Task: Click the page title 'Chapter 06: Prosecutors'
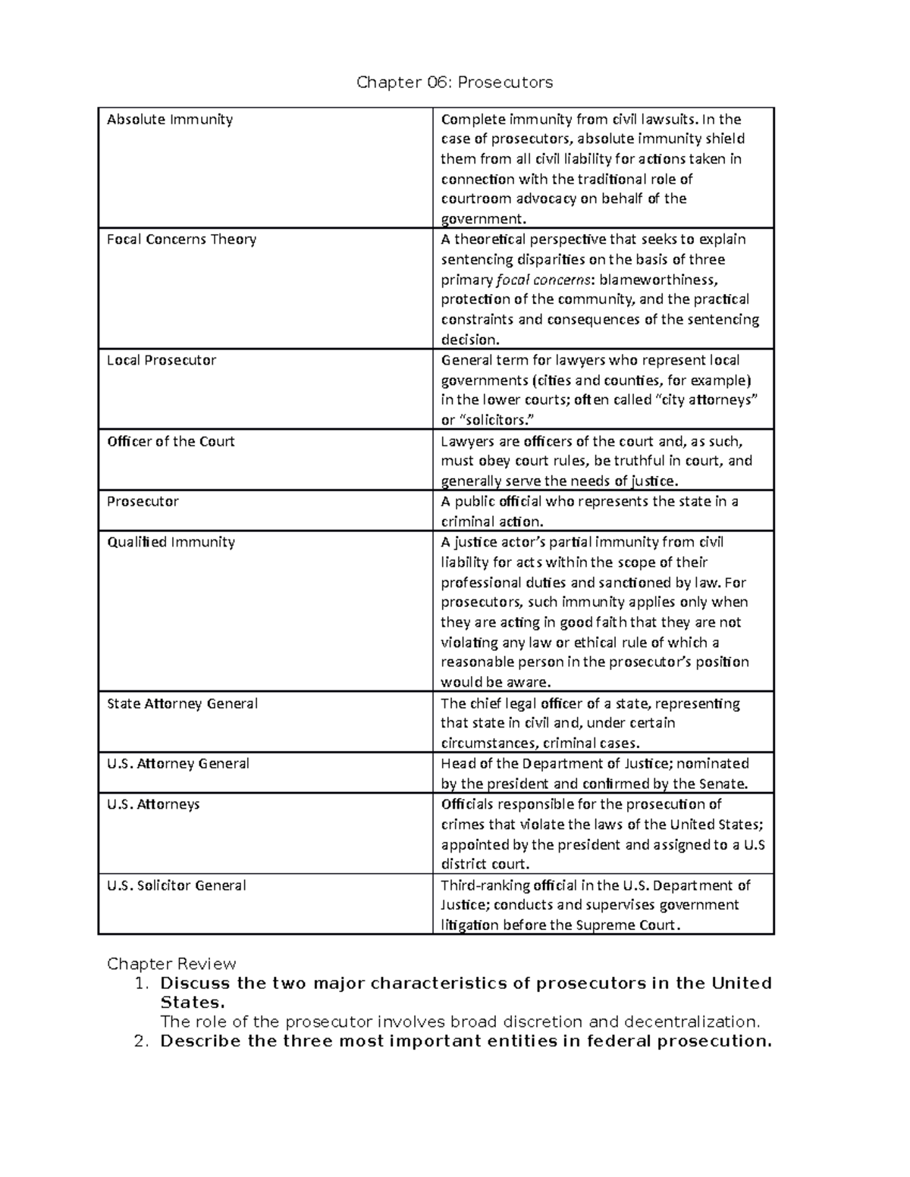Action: (x=454, y=82)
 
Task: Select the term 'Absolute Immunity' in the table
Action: (x=170, y=120)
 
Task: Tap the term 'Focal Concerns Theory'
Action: (x=181, y=239)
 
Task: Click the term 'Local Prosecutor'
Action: (x=162, y=361)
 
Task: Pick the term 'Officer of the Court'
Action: (x=171, y=442)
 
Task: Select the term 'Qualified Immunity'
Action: (x=171, y=543)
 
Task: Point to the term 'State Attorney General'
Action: (x=182, y=704)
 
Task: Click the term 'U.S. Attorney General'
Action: (x=178, y=764)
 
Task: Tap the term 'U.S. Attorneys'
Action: (x=153, y=804)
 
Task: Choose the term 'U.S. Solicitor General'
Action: (x=177, y=886)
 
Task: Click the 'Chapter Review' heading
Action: (x=171, y=964)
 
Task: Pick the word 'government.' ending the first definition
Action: (x=483, y=220)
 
